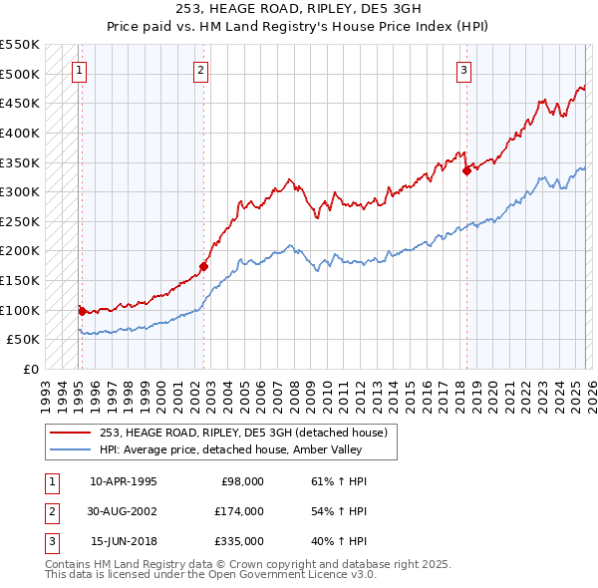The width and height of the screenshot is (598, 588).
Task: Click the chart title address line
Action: pos(298,10)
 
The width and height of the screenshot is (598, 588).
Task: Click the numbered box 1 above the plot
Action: pos(79,70)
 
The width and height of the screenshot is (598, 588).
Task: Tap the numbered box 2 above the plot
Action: pos(201,70)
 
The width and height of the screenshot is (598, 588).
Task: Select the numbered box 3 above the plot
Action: pos(464,70)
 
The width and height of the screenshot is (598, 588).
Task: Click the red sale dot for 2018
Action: pos(466,170)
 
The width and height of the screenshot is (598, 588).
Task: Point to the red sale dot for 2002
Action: pos(204,266)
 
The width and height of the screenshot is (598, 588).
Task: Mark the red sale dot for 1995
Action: pos(81,311)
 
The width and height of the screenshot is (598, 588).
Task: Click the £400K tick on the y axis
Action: pos(20,133)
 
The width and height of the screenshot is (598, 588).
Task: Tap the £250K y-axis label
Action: pos(20,221)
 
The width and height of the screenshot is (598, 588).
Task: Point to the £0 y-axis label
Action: pos(31,369)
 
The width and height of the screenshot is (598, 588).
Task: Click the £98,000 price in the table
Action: pos(241,481)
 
